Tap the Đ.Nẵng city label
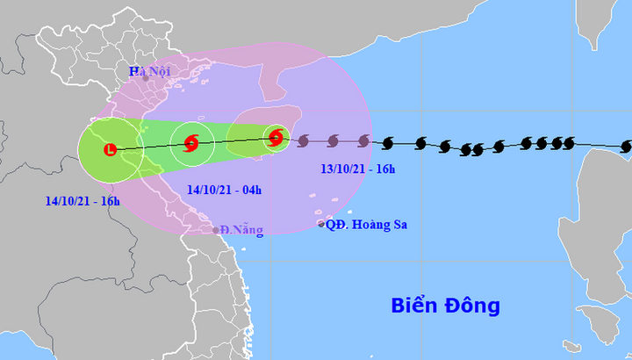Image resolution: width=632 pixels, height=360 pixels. click(x=242, y=230)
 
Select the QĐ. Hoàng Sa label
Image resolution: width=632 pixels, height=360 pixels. click(x=367, y=225)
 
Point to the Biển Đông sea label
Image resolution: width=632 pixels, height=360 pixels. click(x=445, y=306)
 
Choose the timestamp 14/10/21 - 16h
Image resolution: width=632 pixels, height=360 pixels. click(x=83, y=200)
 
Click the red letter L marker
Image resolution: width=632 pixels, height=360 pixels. click(x=110, y=150)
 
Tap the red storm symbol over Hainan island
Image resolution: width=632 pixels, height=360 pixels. click(x=276, y=137)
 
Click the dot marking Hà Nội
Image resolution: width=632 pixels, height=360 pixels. click(x=146, y=78)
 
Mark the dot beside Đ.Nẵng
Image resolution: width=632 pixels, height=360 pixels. click(x=216, y=230)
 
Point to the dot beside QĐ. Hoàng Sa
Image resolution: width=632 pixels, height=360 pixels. click(x=321, y=225)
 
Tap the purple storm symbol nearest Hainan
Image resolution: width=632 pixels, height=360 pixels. click(x=304, y=140)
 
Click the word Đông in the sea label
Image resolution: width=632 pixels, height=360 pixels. click(x=471, y=306)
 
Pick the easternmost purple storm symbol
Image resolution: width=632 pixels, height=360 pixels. click(x=363, y=140)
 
